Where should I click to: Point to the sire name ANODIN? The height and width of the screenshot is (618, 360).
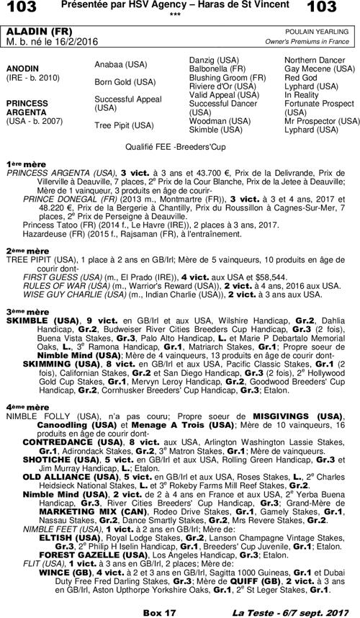pos(23,68)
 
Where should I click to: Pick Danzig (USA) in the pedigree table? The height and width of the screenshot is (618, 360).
pos(213,58)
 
